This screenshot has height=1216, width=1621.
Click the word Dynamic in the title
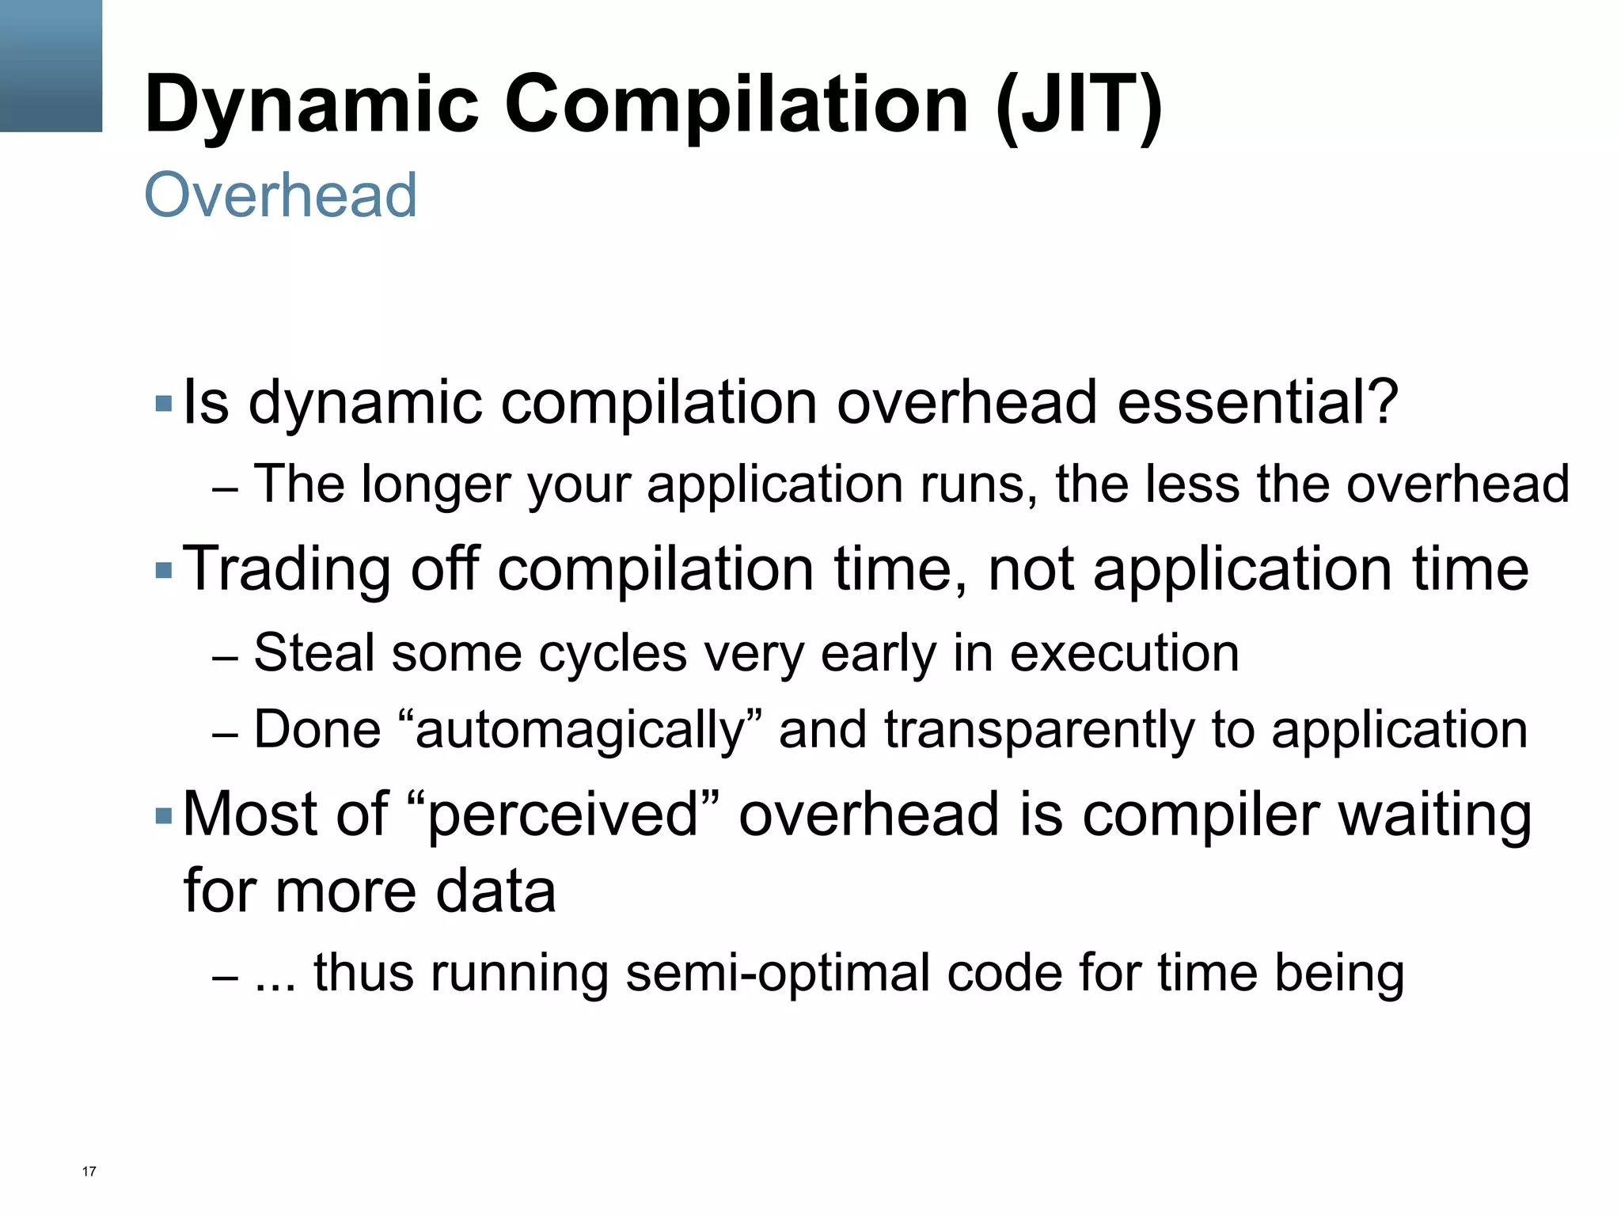click(312, 105)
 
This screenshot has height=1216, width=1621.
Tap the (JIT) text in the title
click(1079, 105)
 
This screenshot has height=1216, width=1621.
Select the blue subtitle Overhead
click(280, 195)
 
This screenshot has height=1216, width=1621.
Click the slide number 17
click(89, 1172)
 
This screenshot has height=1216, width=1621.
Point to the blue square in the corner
click(51, 65)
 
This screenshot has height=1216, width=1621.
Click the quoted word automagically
click(581, 730)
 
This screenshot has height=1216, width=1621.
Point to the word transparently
click(1038, 730)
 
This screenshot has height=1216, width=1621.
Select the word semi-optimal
click(777, 974)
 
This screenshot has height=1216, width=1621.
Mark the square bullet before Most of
click(164, 815)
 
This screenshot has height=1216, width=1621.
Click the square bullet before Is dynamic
click(164, 404)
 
